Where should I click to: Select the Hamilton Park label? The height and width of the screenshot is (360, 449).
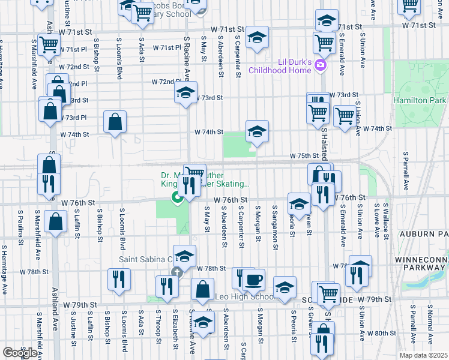tap(420, 101)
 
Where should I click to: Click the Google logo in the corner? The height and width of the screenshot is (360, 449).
tap(19, 353)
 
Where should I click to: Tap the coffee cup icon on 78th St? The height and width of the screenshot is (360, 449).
tap(253, 279)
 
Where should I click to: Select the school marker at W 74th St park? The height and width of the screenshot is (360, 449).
tap(257, 132)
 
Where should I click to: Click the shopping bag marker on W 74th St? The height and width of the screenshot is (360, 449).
tap(115, 122)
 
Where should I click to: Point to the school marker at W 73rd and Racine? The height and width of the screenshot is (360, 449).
tap(185, 93)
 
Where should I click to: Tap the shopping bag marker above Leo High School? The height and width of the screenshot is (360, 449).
tap(202, 289)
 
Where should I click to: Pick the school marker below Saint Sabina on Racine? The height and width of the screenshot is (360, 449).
tap(203, 322)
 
